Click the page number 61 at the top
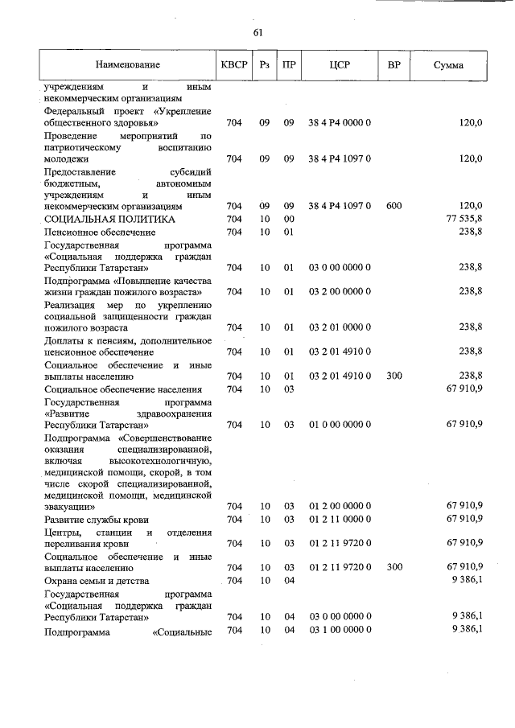coord(257,33)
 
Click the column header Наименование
coord(127,64)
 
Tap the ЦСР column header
coord(339,64)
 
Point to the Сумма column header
coord(447,64)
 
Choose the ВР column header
coord(394,64)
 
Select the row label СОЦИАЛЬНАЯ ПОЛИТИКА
coord(109,219)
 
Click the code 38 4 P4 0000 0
coord(339,124)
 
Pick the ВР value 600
coord(394,206)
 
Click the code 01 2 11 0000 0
coord(339,520)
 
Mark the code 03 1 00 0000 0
coord(339,630)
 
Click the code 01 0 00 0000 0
coord(339,424)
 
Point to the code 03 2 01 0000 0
coord(339,327)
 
